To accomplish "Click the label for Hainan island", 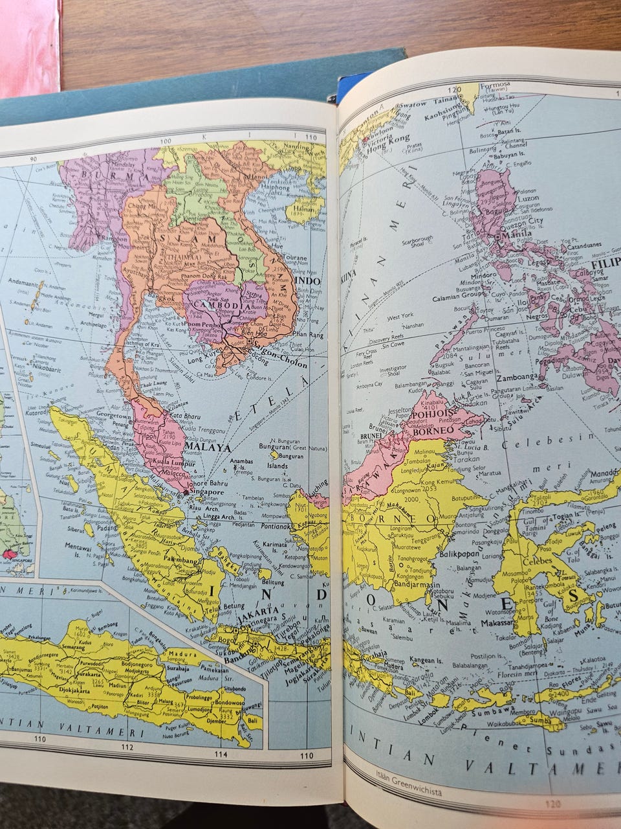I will point(307,209).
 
